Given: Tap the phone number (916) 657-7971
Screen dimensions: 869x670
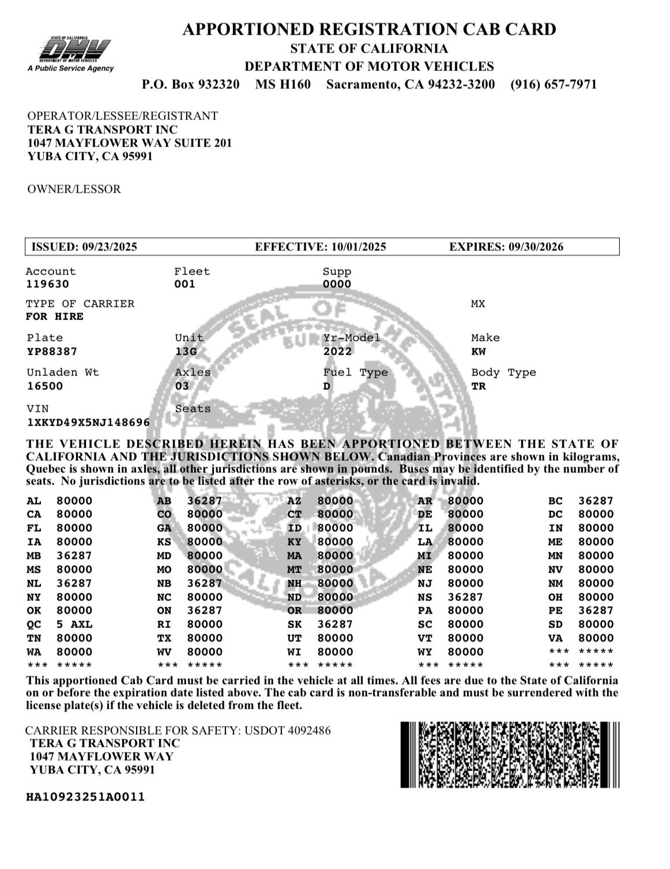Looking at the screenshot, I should (x=553, y=85).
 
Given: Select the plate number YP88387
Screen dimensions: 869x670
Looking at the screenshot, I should (x=52, y=352).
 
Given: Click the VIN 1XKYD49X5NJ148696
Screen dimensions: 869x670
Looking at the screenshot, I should (x=88, y=423).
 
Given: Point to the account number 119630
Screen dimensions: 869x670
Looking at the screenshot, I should (x=47, y=284).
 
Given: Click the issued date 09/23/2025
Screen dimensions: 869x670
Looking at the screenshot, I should (x=110, y=247).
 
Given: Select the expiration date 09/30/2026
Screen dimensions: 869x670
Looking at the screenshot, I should (x=536, y=247).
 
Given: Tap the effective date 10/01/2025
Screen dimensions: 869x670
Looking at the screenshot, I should (x=358, y=247).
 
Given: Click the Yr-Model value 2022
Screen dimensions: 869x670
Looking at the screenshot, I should (x=337, y=352).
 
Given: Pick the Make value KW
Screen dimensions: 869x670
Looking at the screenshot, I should (x=479, y=352).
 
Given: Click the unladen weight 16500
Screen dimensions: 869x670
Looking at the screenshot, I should (x=45, y=386).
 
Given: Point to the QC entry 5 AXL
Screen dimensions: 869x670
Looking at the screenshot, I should (x=74, y=625).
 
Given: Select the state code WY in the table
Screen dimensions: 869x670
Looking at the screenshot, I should (x=425, y=652).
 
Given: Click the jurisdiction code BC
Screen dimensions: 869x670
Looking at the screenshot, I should (x=555, y=501).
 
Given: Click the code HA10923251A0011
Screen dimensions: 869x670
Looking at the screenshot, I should (x=85, y=797).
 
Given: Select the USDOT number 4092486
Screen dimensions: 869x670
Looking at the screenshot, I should (x=310, y=731).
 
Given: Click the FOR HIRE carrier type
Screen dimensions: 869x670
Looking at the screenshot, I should (x=55, y=317).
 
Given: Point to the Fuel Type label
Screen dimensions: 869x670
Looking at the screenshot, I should (x=355, y=373).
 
